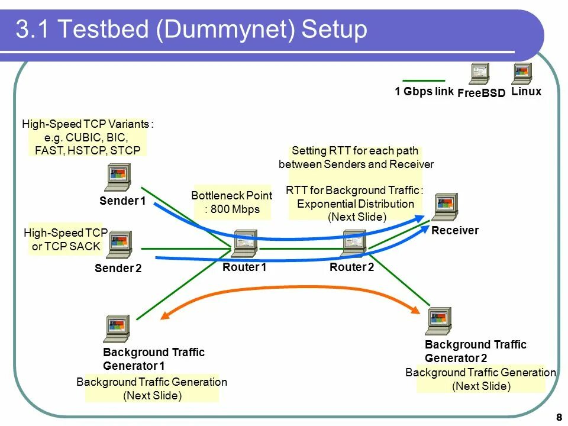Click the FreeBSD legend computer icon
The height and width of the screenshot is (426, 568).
[479, 74]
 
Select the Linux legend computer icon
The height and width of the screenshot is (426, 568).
[522, 73]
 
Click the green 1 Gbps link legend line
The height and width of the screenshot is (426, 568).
[424, 80]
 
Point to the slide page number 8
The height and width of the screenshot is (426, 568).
[559, 416]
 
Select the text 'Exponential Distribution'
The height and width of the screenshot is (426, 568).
[356, 204]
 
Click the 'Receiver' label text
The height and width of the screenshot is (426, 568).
[454, 231]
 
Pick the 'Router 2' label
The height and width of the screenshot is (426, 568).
[351, 267]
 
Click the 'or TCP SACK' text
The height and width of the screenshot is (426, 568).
[66, 247]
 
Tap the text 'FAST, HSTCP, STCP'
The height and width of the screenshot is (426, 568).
[88, 150]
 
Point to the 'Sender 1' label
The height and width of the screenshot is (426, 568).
[122, 201]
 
